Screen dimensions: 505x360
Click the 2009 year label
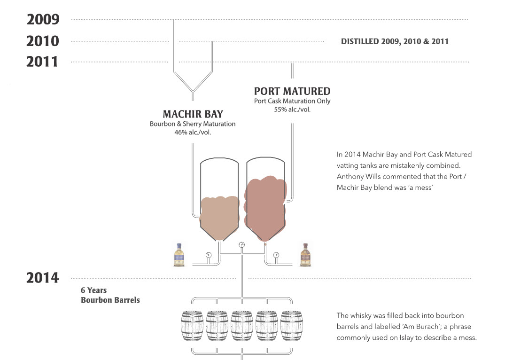(43, 20)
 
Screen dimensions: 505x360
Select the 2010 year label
(43, 41)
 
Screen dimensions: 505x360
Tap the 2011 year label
(42, 62)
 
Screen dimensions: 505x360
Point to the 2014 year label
(43, 278)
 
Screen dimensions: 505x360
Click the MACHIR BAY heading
(193, 114)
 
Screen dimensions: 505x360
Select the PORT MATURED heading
(293, 91)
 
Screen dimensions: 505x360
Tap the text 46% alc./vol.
(193, 132)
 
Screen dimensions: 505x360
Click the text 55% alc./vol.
(292, 109)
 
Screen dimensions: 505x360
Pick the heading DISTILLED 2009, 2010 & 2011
(395, 41)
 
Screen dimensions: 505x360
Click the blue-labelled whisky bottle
(179, 255)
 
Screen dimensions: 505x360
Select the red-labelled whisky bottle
(306, 255)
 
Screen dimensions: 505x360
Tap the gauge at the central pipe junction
(242, 245)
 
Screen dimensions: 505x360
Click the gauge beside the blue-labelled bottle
(209, 255)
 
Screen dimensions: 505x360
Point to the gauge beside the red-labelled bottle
(276, 255)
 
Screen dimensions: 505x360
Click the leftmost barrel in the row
(192, 326)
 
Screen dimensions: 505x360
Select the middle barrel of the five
(242, 326)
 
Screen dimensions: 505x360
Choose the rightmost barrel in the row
(291, 326)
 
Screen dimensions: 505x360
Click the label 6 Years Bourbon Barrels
(110, 295)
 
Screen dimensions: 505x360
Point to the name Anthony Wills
(358, 176)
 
